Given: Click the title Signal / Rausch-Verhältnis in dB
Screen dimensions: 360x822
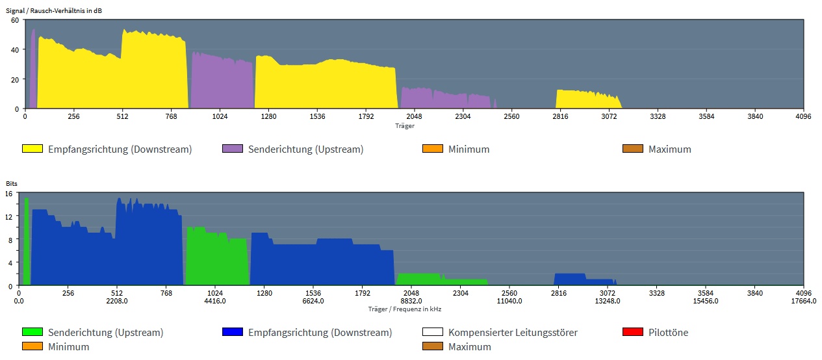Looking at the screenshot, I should [x=53, y=10].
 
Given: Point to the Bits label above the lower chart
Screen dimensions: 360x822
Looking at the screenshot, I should [x=12, y=184].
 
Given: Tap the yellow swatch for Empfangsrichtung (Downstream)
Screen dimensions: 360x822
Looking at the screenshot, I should [x=32, y=149].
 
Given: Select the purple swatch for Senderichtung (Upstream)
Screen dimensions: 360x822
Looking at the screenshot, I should [x=233, y=149].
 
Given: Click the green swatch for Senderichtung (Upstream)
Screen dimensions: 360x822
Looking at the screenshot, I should [x=32, y=332].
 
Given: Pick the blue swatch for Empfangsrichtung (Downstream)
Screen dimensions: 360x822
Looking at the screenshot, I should [x=233, y=332].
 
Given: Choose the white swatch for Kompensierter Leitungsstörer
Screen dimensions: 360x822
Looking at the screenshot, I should [x=433, y=332].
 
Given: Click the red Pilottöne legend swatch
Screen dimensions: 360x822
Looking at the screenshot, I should [x=633, y=332].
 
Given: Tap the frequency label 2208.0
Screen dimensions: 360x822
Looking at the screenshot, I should [x=117, y=301].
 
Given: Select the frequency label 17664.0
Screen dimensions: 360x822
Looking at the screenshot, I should [x=803, y=301].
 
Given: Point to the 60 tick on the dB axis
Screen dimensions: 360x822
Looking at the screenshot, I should [x=14, y=20].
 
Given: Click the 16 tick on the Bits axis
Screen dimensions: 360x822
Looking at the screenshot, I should [x=9, y=194].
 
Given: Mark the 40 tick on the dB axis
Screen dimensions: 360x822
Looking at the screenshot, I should [x=14, y=49].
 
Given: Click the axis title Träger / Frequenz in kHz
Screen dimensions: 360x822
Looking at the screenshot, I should [x=404, y=309].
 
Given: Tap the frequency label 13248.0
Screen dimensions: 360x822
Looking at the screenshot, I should [x=608, y=301].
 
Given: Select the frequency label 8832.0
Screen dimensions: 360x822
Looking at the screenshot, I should [x=411, y=301].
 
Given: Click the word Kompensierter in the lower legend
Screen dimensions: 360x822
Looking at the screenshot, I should [x=480, y=332].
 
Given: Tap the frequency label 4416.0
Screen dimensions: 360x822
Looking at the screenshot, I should [x=215, y=301].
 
